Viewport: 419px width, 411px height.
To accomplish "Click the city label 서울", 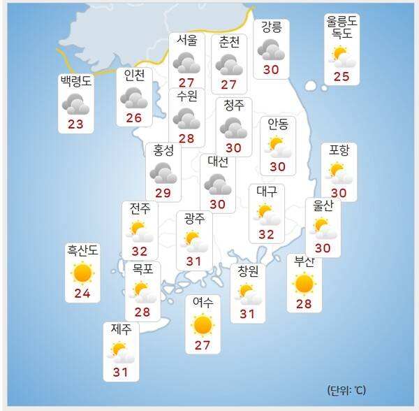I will tap(186, 41).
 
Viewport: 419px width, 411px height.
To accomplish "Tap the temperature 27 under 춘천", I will tap(229, 85).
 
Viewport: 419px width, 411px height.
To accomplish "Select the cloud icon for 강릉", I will tap(271, 50).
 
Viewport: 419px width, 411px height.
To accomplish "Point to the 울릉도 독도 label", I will tap(342, 27).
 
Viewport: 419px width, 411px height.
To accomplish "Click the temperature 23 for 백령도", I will tap(75, 124).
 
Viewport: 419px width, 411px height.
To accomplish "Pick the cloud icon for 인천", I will tap(133, 98).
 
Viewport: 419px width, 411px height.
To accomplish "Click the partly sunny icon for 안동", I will tap(278, 146).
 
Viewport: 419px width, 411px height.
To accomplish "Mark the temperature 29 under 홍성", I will tap(163, 192).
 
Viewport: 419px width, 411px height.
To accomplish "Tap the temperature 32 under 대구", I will tap(266, 234).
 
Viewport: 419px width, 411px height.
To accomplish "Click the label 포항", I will tap(339, 151).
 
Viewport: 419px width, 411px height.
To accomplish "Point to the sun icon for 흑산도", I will tap(82, 273).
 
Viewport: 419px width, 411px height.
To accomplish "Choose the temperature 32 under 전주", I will tap(140, 251).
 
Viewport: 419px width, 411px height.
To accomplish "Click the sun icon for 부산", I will tap(304, 283).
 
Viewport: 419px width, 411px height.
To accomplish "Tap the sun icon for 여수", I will tap(203, 325).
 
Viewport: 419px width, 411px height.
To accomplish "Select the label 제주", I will tap(121, 329).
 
